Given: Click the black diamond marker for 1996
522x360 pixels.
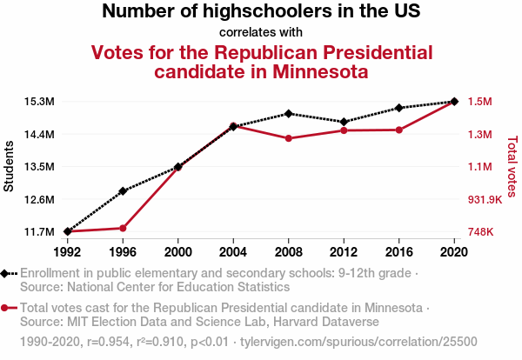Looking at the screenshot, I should point(123,191).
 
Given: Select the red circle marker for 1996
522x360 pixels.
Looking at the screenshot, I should point(123,228).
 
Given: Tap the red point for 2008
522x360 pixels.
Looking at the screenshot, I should point(288,138).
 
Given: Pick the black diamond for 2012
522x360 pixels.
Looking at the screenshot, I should point(344,122).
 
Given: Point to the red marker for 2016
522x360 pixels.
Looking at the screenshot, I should point(398,130).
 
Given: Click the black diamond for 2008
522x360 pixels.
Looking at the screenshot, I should point(288,114).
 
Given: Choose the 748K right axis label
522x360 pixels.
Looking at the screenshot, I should point(481,232).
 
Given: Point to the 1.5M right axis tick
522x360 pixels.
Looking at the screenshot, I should point(480,102).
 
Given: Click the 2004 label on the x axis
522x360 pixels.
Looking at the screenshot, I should point(233,251).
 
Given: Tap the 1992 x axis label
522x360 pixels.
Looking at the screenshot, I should point(67,251).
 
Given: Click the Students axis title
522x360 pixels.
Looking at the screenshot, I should point(10,167).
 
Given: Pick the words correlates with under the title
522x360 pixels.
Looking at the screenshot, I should point(261,33).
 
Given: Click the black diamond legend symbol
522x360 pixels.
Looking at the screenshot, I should point(8,273).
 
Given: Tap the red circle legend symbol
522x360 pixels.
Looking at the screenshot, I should point(8,308).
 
